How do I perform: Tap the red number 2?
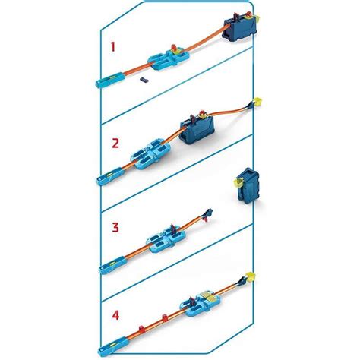coord(114,142)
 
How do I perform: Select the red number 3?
coord(115,226)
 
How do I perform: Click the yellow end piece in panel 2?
coord(257,99)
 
